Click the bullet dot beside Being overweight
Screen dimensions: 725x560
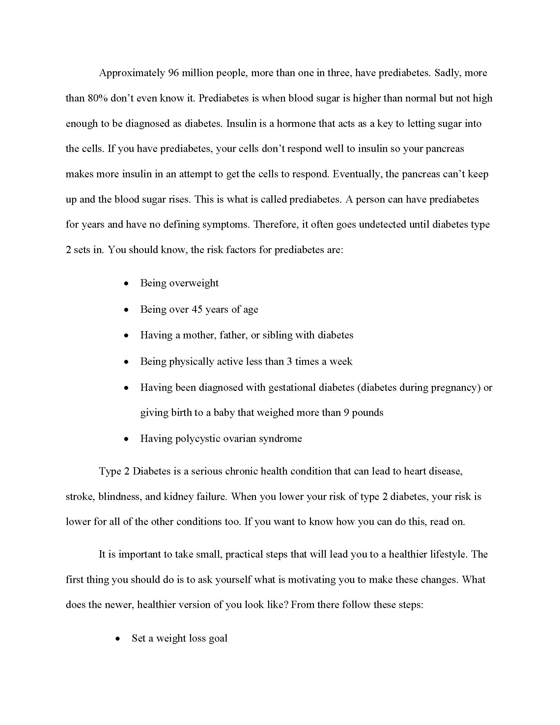[126, 284]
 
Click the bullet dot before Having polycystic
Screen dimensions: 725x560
[126, 439]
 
